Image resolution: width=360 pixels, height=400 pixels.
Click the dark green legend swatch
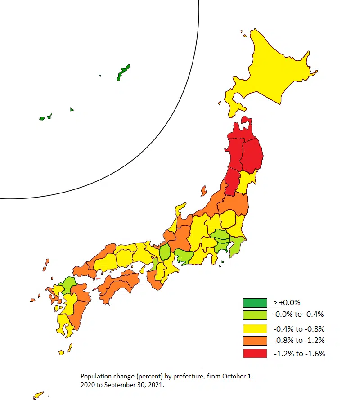(255, 303)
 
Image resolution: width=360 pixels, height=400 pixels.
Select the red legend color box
(255, 353)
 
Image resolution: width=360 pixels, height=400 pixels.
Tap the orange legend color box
(255, 341)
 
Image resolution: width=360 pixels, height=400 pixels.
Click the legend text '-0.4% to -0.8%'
(298, 329)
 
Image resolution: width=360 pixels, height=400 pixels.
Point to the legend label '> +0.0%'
(287, 302)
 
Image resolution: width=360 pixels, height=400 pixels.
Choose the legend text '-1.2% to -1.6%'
(299, 354)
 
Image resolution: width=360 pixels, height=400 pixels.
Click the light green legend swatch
(255, 315)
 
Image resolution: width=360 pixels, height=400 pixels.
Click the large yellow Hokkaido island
(270, 67)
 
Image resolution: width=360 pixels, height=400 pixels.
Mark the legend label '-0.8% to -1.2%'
(298, 341)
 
